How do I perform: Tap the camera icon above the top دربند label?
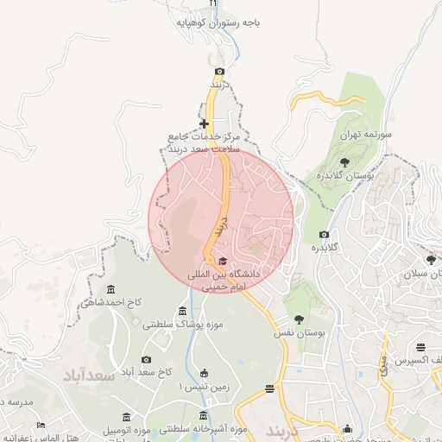[220, 71]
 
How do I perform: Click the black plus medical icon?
[204, 124]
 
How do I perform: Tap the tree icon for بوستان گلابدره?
[344, 161]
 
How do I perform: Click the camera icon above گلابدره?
[324, 234]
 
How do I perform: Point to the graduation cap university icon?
[222, 261]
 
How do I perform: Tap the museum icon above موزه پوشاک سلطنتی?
[182, 310]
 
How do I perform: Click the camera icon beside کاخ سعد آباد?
[146, 359]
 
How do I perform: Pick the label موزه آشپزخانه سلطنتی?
[204, 428]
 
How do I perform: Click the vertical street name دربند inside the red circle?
[221, 228]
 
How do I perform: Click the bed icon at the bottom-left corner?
[41, 426]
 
